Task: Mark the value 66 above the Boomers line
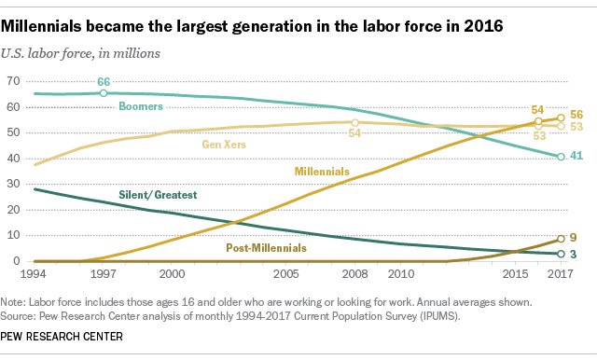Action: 104,82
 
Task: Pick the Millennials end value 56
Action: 578,118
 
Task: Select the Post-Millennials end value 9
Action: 575,238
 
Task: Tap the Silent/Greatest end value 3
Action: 575,254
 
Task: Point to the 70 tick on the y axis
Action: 13,81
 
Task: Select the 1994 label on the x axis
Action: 16,276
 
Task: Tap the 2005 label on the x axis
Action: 286,276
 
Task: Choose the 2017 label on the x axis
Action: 559,276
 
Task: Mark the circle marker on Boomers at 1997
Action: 103,93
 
